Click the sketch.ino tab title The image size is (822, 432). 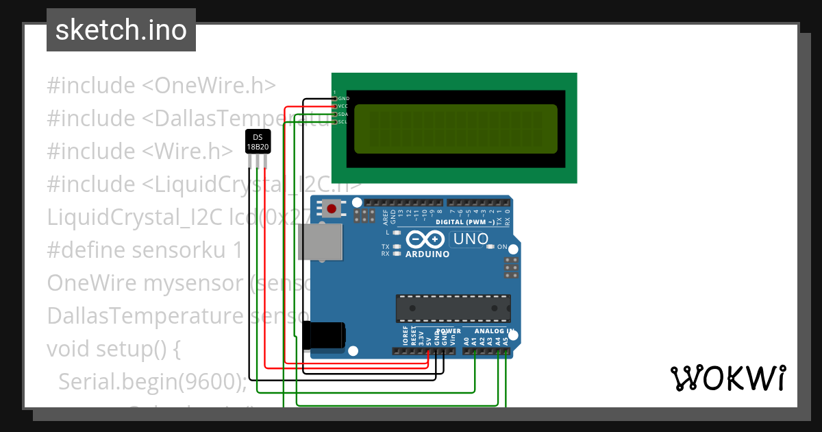(121, 30)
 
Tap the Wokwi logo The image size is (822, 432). (727, 378)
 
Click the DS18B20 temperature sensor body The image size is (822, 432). (258, 142)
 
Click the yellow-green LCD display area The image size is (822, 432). (456, 129)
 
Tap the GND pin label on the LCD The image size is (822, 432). (343, 99)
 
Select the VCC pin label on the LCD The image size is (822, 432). (343, 106)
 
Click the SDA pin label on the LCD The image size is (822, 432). (343, 114)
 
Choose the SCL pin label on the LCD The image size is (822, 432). (343, 121)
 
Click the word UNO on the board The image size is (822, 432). (470, 239)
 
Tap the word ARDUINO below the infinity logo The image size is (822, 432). (427, 254)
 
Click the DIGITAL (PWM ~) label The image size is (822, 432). (466, 222)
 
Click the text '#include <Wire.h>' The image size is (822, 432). (140, 151)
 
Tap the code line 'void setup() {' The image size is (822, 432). (113, 348)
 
